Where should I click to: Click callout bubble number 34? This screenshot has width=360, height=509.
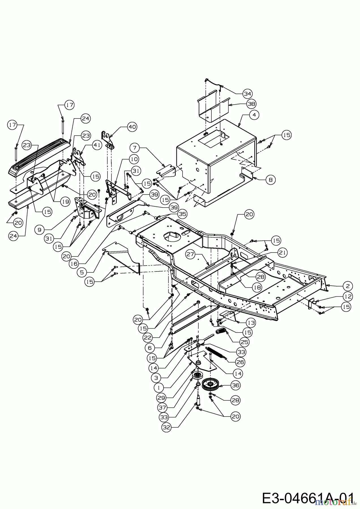(248, 94)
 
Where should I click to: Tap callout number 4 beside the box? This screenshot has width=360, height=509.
(254, 115)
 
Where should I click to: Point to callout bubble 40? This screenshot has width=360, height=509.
(132, 127)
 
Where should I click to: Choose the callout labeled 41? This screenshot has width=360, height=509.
(97, 145)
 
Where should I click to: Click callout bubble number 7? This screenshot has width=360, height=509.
(135, 147)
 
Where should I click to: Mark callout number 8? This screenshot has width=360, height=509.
(271, 180)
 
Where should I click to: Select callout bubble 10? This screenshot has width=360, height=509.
(134, 159)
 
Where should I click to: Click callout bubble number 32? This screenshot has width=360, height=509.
(167, 427)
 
